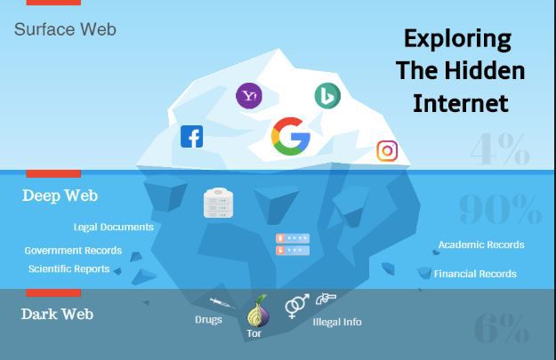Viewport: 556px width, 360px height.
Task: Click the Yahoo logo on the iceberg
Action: coord(249,95)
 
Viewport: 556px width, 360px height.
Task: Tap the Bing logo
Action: coord(327,96)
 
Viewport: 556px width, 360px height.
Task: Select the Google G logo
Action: coord(291,136)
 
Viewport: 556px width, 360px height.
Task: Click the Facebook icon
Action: coord(192,136)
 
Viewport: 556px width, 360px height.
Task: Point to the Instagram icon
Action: coord(387,151)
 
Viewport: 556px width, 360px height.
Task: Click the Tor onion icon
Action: coord(258,311)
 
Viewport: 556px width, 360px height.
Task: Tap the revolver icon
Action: coord(326,299)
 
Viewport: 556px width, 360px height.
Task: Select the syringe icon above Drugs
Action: coord(221,303)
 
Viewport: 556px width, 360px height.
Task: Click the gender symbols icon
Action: coord(297,306)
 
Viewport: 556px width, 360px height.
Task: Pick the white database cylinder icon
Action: coord(219,203)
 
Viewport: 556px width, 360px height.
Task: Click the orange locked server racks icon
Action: coord(293,244)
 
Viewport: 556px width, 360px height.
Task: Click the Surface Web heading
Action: coord(65,29)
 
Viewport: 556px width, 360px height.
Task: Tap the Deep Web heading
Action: coord(60,196)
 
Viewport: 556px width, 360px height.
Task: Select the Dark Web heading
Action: coord(57,314)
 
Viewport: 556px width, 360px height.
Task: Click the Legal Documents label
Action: coord(114,228)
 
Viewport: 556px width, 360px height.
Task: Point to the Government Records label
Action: coord(73,251)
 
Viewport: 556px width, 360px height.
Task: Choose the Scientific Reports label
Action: coord(68,269)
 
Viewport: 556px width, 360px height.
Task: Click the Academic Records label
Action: coord(481,244)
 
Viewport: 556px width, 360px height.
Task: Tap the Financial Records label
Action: coord(475,274)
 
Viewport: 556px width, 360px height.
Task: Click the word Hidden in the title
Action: coord(484,70)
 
